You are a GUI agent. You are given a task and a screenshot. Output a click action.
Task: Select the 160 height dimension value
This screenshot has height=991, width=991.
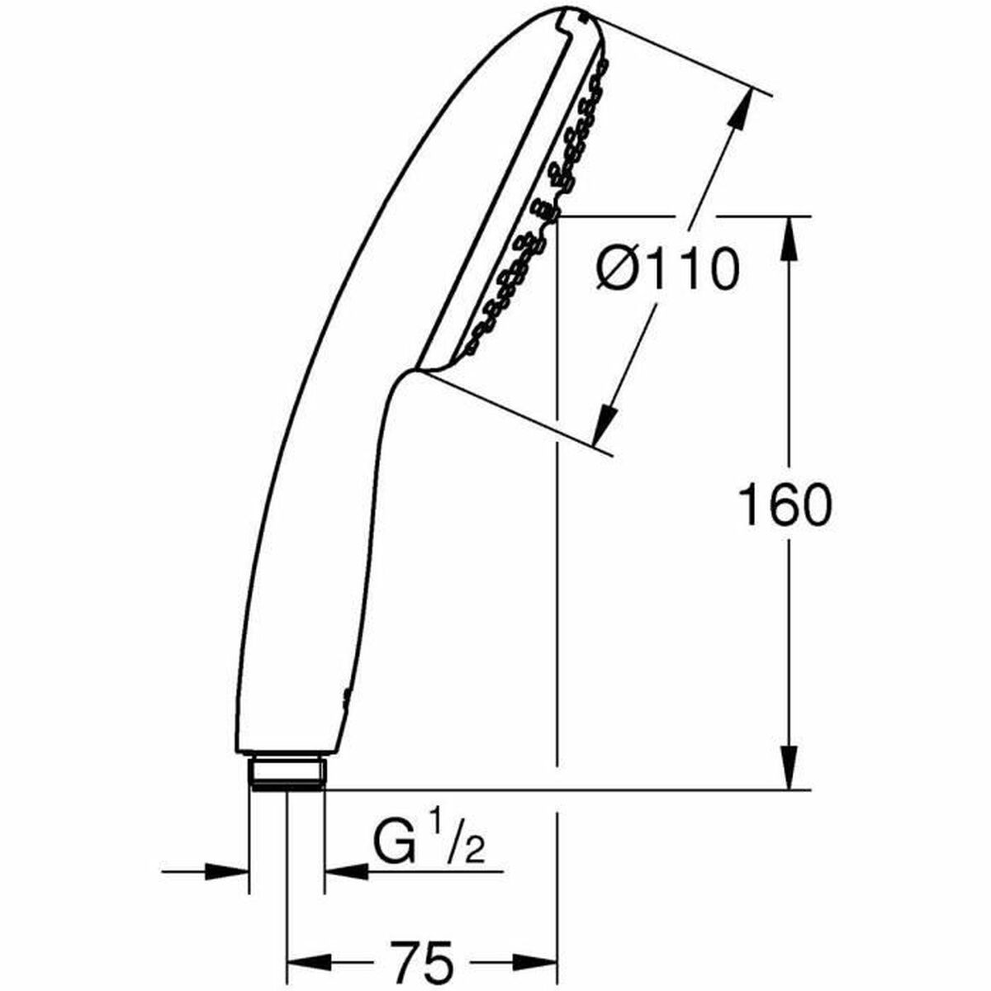click(784, 505)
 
